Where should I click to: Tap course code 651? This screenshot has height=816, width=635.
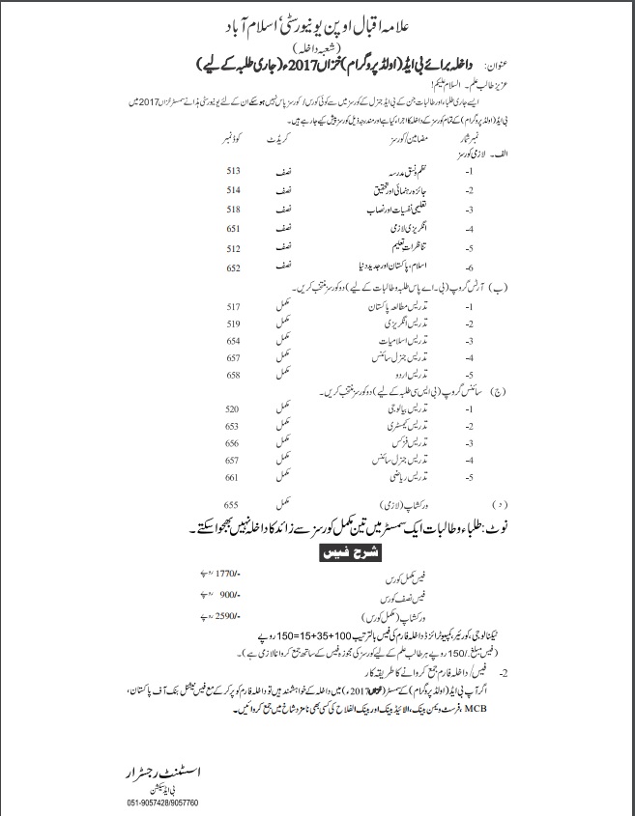(x=233, y=228)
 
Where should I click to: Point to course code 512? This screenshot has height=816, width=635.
(x=233, y=247)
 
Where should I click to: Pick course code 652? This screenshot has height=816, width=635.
(x=233, y=267)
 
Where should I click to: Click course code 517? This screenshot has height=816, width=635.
(x=233, y=306)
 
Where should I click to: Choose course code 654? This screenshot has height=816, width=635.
(x=233, y=341)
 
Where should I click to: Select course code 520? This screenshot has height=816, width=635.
(x=233, y=409)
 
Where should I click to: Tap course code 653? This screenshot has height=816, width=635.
(x=233, y=426)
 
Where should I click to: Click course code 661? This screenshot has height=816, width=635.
(x=233, y=477)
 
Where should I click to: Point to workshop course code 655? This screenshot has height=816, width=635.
(x=231, y=504)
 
